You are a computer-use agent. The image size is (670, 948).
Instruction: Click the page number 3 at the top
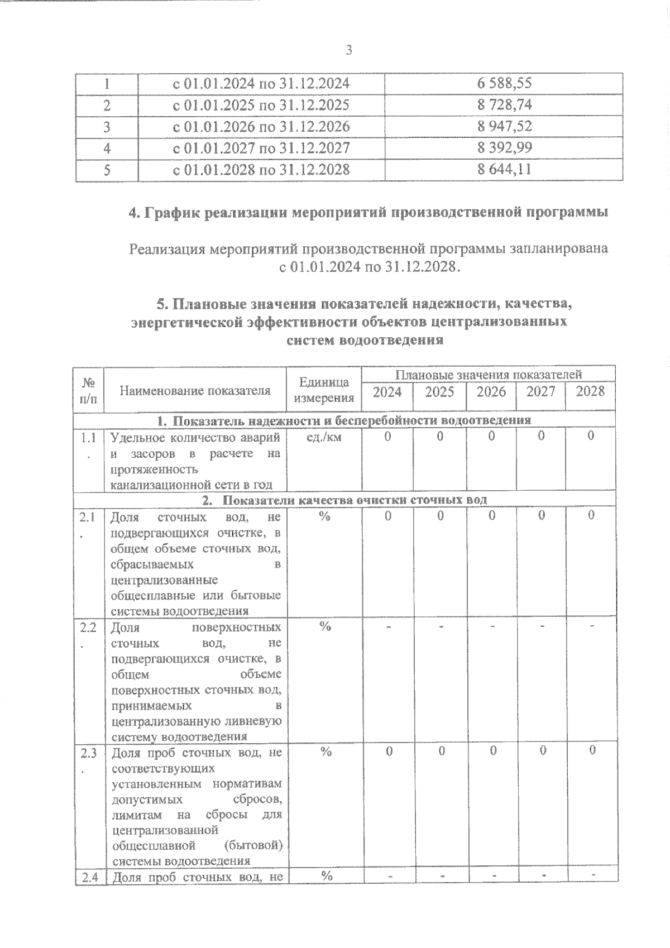point(349,51)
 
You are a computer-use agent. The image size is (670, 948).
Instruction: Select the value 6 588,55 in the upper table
point(504,84)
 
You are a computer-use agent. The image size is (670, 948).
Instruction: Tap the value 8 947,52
point(504,127)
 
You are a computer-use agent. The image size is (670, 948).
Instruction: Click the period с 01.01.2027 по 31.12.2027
point(261,148)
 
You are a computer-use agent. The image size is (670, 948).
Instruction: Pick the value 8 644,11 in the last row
point(504,169)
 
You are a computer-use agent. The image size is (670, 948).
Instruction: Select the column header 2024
point(387,392)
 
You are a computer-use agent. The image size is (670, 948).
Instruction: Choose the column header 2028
point(590,391)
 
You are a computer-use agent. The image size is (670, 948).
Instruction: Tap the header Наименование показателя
point(195,390)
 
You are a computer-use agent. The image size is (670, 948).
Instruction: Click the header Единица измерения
point(324,390)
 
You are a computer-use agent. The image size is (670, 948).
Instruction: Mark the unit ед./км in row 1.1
point(324,437)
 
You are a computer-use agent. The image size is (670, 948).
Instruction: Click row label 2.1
point(88,518)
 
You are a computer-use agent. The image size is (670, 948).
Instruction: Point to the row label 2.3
point(88,754)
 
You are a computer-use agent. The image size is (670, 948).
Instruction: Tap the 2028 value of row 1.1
point(590,436)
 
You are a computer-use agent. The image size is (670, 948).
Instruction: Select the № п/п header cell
point(88,390)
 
